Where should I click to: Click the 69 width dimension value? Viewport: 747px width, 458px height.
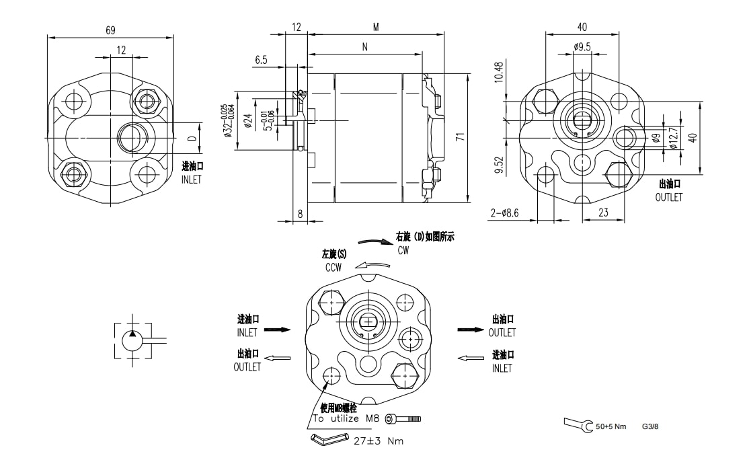click(x=110, y=30)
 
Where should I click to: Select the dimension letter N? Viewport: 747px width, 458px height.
click(x=364, y=48)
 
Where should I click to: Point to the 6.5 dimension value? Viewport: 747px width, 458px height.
click(x=261, y=61)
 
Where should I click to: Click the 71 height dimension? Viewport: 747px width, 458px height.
click(x=460, y=137)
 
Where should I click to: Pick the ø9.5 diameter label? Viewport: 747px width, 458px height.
click(x=582, y=47)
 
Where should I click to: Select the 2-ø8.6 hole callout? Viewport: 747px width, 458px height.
click(x=505, y=213)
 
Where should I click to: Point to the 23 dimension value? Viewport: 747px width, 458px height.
click(x=602, y=213)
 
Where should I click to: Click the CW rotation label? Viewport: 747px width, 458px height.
click(x=403, y=250)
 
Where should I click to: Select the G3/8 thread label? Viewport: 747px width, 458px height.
click(x=650, y=426)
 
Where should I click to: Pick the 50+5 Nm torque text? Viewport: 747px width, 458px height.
click(x=611, y=426)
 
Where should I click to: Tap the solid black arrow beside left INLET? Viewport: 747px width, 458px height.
click(x=277, y=330)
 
